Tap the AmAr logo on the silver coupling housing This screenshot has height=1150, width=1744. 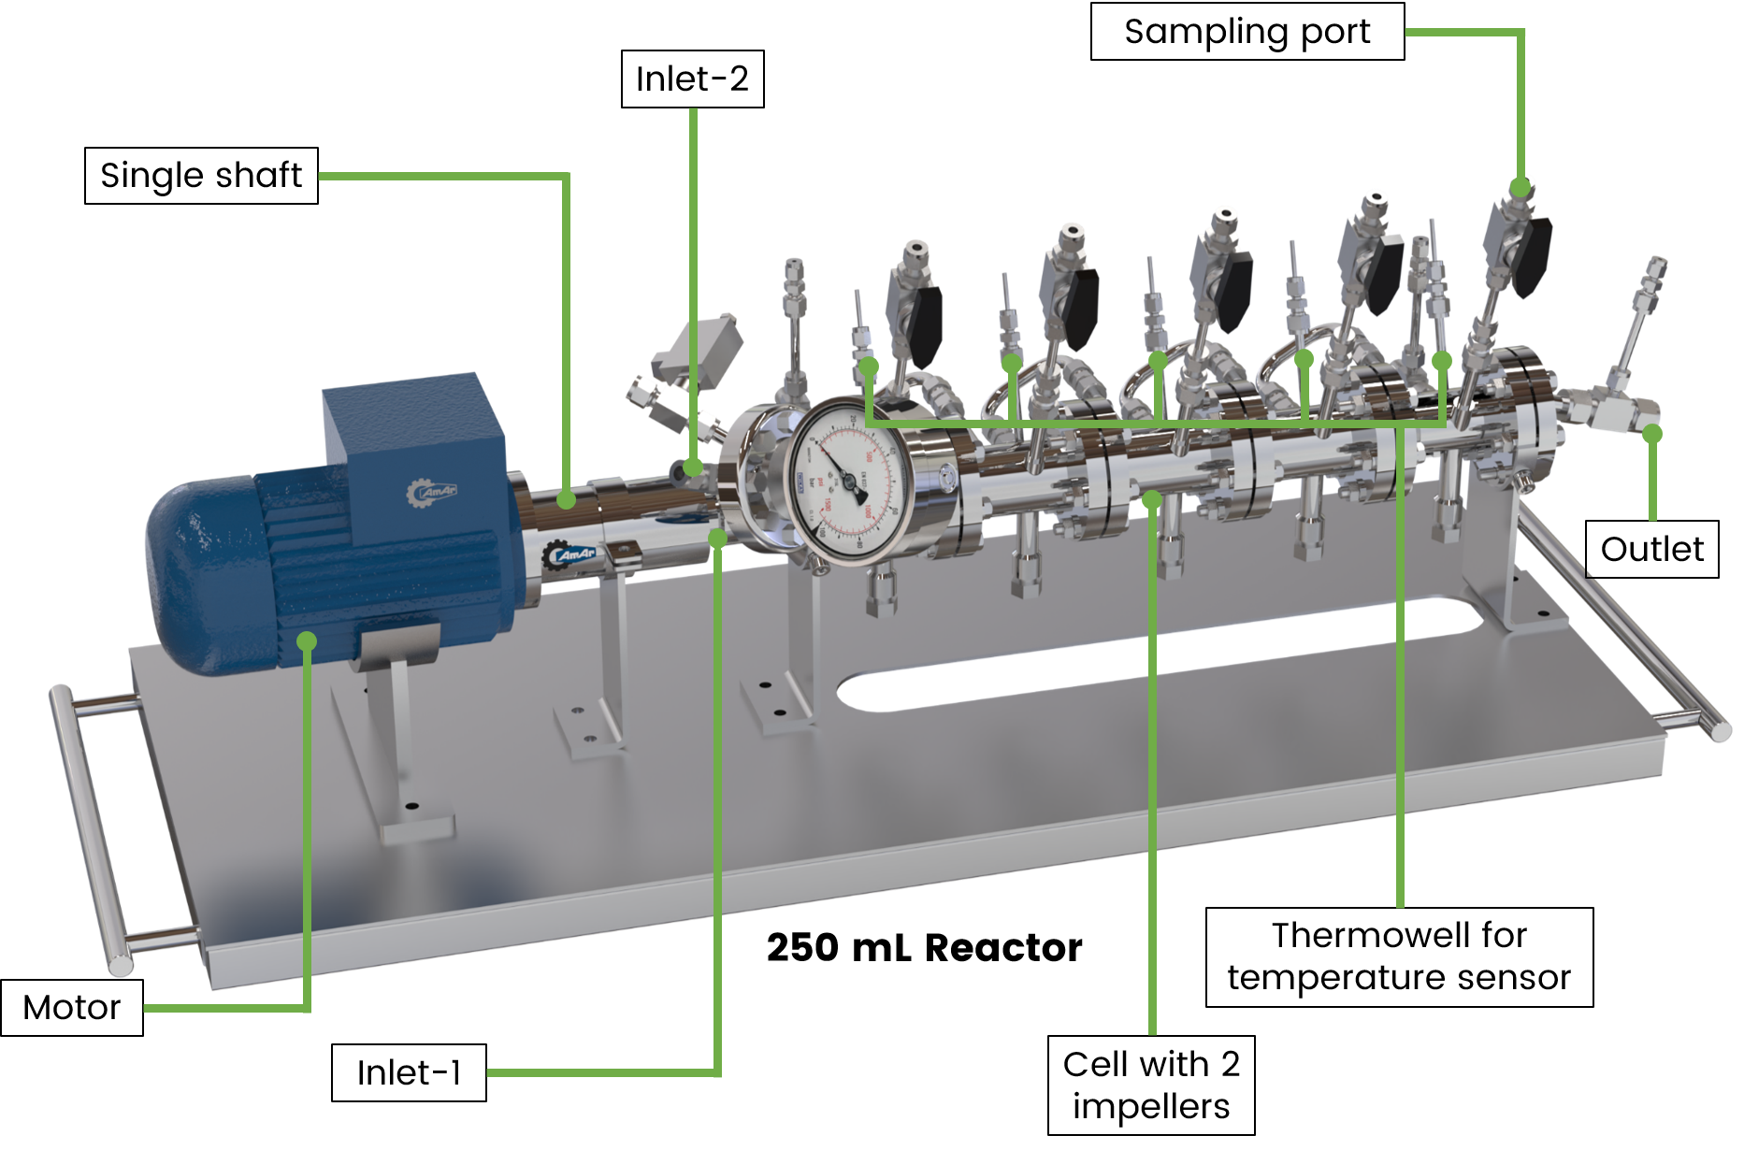(572, 555)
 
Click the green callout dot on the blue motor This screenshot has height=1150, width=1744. (308, 640)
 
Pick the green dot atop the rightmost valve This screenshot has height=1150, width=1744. (1520, 186)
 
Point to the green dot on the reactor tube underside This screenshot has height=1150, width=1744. (1152, 500)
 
